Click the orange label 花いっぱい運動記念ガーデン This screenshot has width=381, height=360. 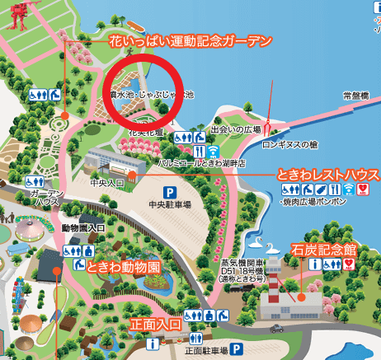[190, 40]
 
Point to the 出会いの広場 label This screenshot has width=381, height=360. [236, 130]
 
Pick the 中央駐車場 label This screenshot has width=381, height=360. [170, 203]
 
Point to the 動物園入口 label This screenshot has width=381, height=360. [82, 227]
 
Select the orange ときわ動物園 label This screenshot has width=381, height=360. [121, 265]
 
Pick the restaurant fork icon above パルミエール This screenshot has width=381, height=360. [199, 152]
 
